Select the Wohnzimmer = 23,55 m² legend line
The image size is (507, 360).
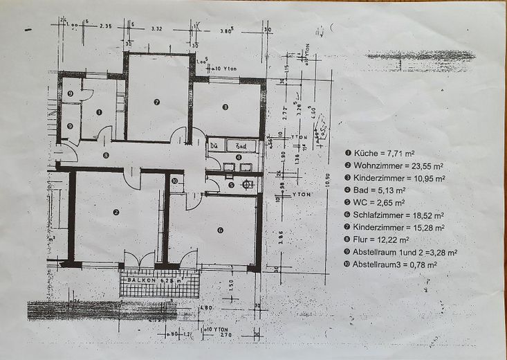click(x=398, y=165)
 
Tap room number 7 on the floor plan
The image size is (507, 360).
click(x=157, y=102)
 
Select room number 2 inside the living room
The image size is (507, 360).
click(x=116, y=212)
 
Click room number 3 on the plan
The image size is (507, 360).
click(x=225, y=107)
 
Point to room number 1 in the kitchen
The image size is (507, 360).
click(x=99, y=111)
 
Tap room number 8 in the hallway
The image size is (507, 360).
click(x=105, y=156)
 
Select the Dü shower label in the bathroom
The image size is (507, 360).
click(x=214, y=146)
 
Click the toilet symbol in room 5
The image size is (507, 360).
click(x=247, y=184)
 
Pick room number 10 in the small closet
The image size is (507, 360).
click(x=174, y=181)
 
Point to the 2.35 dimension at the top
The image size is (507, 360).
click(x=105, y=26)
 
